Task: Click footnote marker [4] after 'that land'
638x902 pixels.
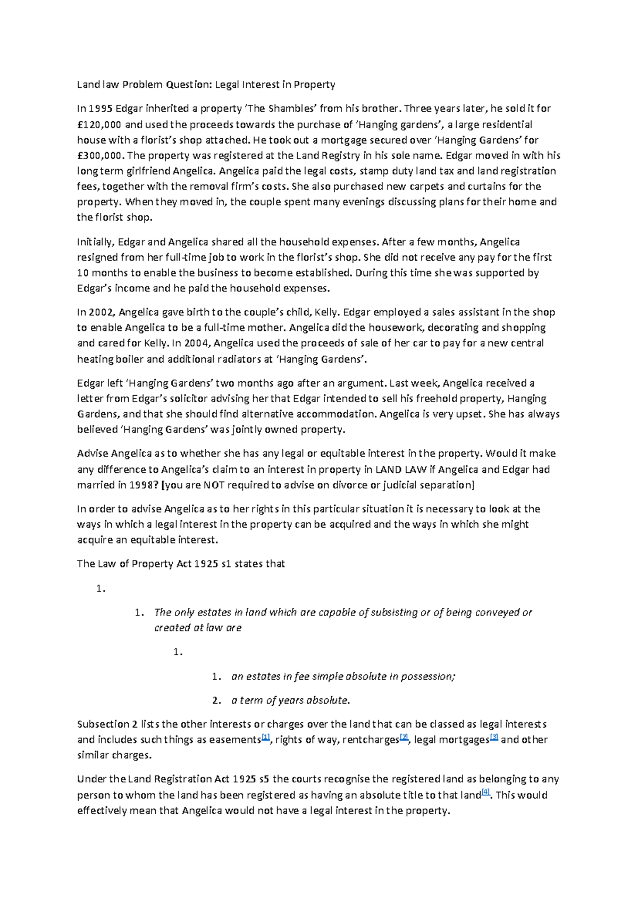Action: point(485,793)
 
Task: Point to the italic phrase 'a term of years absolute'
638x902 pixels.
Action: point(290,700)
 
